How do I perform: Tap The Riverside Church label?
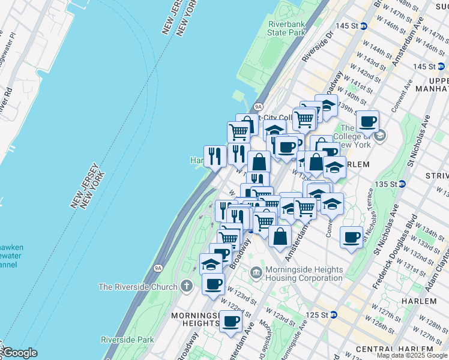point(138,287)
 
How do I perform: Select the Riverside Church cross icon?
point(187,287)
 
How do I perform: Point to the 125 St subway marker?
point(333,314)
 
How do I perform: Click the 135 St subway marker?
point(402,184)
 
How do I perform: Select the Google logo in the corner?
point(19,353)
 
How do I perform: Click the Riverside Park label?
point(127,340)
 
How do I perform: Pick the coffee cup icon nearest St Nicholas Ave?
point(351,237)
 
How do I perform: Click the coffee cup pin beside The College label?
point(367,121)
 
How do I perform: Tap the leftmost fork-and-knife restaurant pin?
point(215,157)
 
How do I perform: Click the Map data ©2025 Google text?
point(412,356)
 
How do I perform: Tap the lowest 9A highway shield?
point(158,268)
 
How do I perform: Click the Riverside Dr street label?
point(318,47)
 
